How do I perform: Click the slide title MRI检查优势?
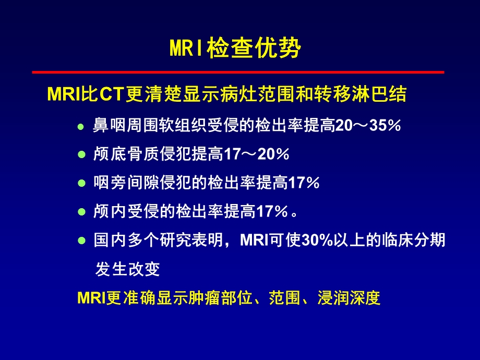235,49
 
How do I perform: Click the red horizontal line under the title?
238,71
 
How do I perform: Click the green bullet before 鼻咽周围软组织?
80,126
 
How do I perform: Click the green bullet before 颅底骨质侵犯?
80,155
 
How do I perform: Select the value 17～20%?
256,154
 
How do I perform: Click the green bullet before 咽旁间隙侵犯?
80,183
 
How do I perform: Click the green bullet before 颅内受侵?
80,212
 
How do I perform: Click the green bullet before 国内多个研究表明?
80,241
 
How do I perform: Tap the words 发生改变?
127,269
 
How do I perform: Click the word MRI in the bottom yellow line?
91,298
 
